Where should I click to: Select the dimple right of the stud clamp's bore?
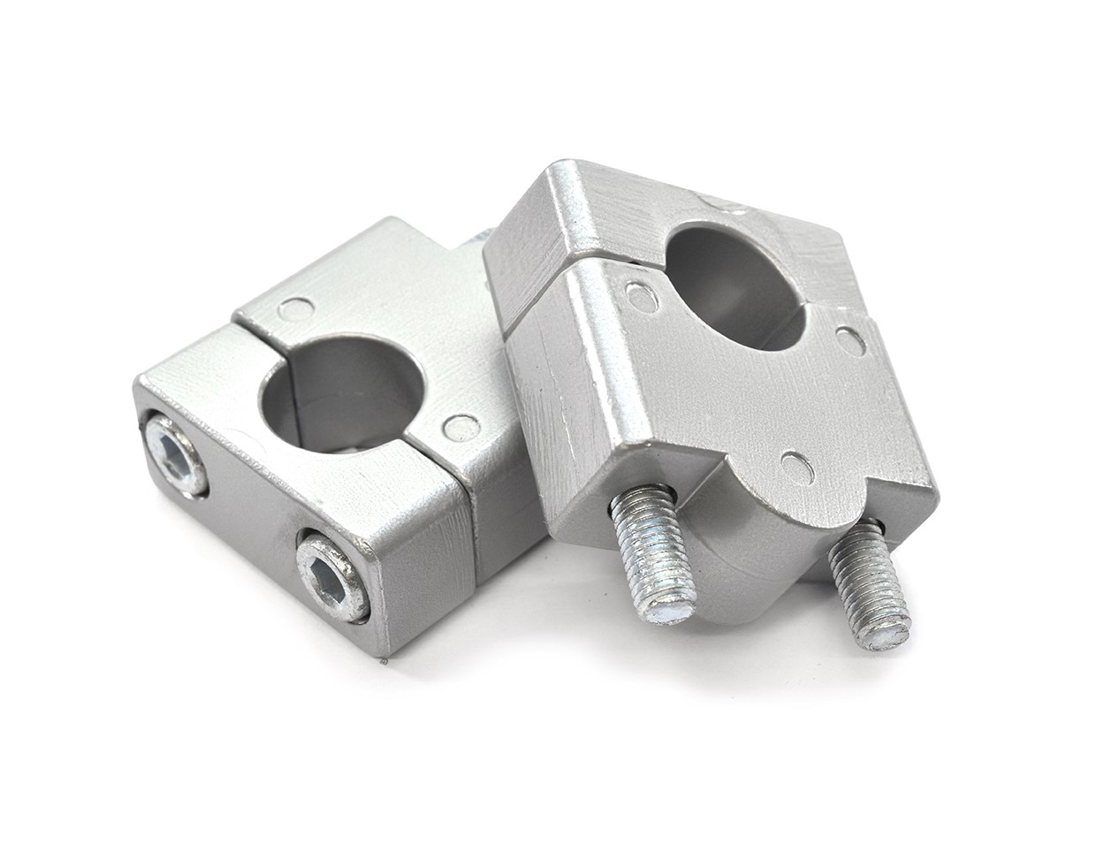(x=850, y=339)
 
